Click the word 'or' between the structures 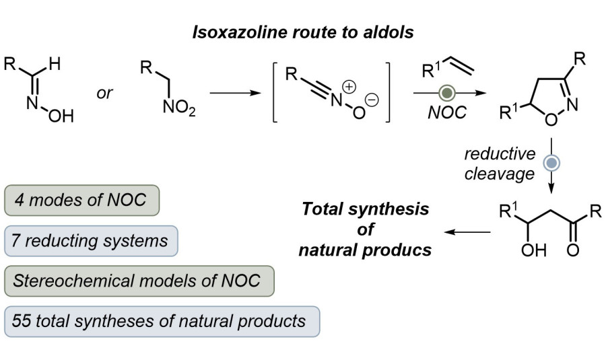tap(104, 93)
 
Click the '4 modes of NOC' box tap(81, 201)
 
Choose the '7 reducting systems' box tap(91, 240)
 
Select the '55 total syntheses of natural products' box tap(161, 321)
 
